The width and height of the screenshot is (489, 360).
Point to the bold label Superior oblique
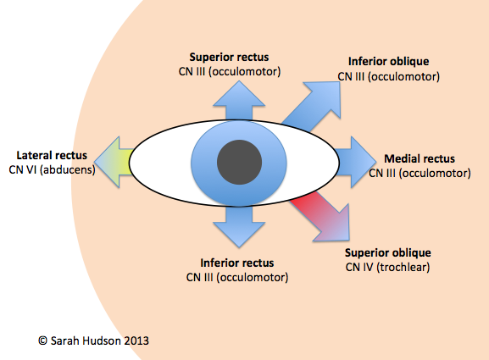pos(389,252)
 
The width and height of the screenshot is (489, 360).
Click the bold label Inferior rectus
pos(237,263)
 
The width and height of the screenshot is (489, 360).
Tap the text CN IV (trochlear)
pos(389,266)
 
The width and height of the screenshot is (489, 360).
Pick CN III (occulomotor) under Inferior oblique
pos(387,77)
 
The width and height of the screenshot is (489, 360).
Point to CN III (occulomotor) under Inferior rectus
pos(237,277)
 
